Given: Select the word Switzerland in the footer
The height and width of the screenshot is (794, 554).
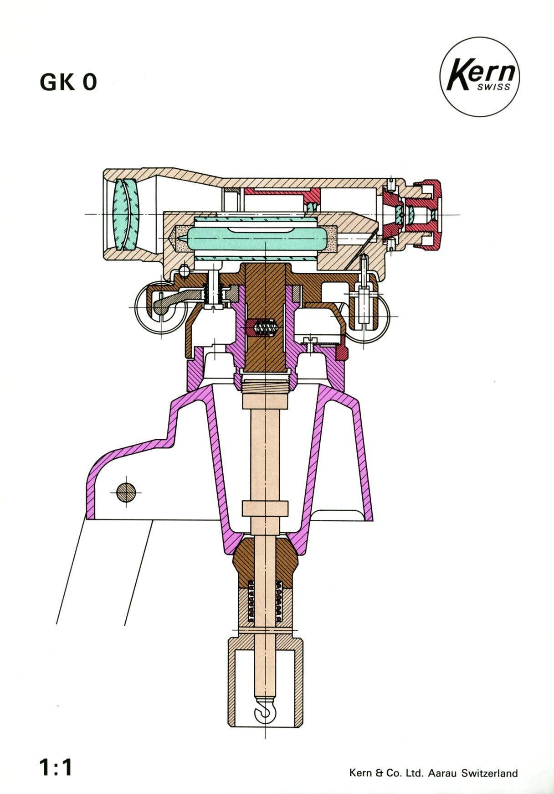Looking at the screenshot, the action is [x=489, y=760].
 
